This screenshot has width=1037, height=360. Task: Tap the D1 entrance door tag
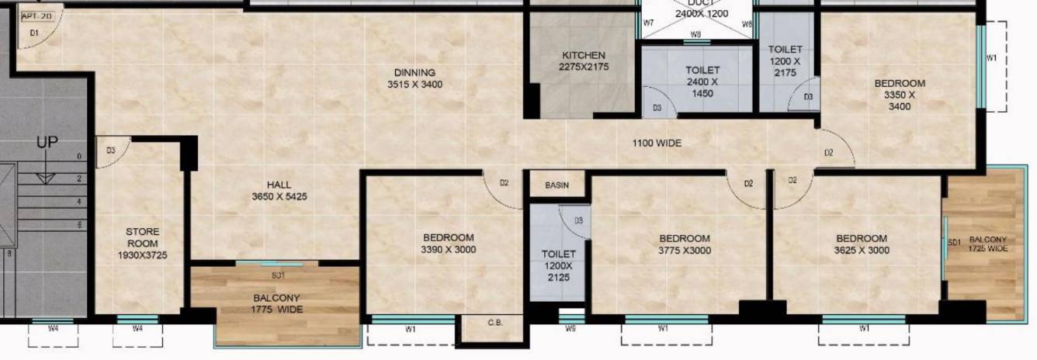click(x=34, y=33)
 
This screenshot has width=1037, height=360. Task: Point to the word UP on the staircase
click(x=47, y=143)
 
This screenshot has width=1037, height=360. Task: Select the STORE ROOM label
click(x=143, y=243)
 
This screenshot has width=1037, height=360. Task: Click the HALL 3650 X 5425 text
click(x=279, y=191)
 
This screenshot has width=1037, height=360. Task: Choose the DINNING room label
click(x=414, y=78)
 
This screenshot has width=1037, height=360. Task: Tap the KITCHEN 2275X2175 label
click(x=583, y=61)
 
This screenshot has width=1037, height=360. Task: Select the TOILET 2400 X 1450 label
click(x=702, y=81)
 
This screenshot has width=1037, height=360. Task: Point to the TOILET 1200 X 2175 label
click(x=785, y=61)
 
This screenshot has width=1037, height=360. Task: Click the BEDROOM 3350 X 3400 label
click(x=900, y=95)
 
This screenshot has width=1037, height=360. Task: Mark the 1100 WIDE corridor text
click(x=657, y=144)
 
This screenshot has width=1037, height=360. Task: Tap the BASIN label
click(x=557, y=185)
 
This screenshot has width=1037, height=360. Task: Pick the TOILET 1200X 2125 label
click(x=558, y=265)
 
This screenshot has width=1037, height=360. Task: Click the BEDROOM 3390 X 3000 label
click(x=449, y=244)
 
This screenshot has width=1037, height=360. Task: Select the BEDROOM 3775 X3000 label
click(x=684, y=244)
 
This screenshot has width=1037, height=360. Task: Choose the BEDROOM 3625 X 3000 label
click(x=862, y=244)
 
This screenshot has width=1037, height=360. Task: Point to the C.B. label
click(x=494, y=322)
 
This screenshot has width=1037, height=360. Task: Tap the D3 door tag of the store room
click(x=111, y=151)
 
